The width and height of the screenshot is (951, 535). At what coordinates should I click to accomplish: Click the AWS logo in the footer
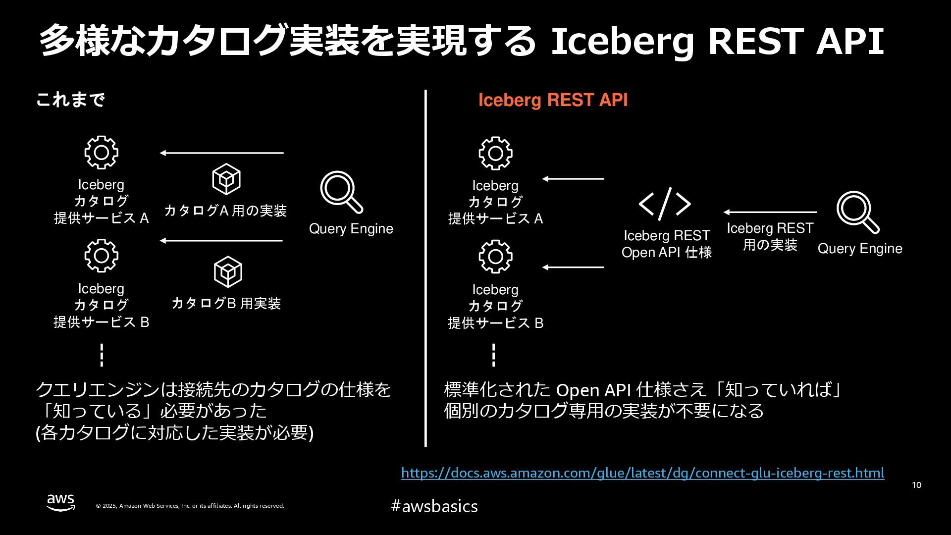pos(61,502)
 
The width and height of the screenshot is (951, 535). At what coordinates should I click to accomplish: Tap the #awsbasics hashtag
pos(434,506)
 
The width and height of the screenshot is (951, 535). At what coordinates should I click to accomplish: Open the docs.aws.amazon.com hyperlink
pos(642,473)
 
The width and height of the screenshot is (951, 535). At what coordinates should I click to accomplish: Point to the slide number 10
pos(916,485)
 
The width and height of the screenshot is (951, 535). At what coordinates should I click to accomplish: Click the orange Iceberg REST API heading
pos(553,100)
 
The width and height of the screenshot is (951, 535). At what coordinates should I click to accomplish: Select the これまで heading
pos(70,100)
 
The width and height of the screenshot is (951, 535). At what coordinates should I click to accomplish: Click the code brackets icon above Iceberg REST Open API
pos(665,204)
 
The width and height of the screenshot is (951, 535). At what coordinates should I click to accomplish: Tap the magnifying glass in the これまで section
pos(341,192)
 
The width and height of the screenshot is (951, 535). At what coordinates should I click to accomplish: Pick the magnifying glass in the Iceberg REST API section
pos(858,212)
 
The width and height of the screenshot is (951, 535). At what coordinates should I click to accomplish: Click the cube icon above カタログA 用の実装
pos(226,179)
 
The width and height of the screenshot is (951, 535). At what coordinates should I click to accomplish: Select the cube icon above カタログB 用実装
pos(228,271)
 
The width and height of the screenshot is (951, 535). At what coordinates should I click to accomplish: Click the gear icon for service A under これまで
pos(101,153)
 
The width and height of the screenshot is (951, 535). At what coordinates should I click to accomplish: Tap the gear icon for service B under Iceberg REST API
pos(495,257)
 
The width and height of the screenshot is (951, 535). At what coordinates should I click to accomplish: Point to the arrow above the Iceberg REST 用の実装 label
pos(770,212)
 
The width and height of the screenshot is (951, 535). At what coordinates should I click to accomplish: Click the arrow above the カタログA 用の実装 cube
pos(221,153)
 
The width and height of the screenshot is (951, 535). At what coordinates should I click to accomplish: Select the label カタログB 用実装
pos(226,303)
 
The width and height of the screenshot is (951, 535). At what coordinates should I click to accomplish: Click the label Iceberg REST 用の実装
pos(770,236)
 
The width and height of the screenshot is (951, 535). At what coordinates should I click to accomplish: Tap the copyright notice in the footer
pos(190,506)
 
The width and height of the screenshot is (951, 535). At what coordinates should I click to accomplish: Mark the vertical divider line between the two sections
pos(425,267)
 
